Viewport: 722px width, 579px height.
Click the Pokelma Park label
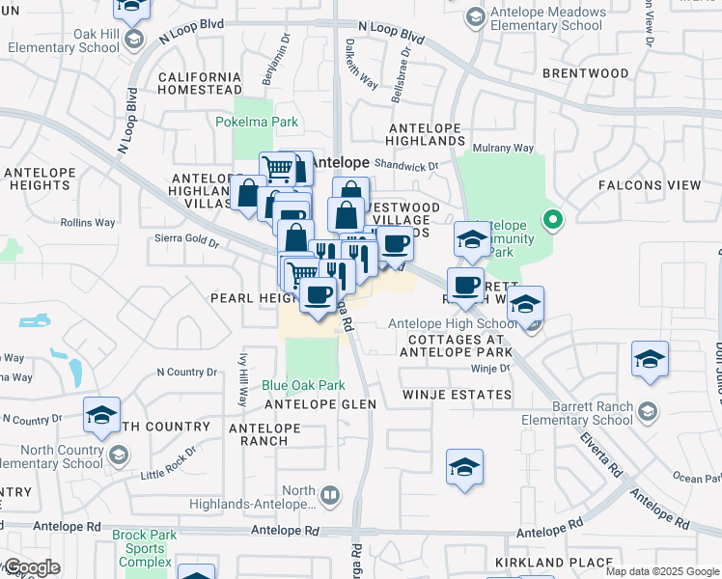tap(256, 123)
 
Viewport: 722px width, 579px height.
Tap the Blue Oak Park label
tap(303, 385)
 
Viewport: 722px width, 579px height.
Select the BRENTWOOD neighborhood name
tap(585, 73)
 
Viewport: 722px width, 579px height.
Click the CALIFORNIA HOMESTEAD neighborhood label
tap(199, 84)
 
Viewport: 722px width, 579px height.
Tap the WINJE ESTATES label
tap(457, 395)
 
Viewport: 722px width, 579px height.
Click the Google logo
tap(31, 567)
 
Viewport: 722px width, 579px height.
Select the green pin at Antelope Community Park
tap(552, 221)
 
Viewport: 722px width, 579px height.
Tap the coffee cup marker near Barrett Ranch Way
tap(465, 285)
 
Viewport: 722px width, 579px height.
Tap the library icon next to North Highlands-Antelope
tap(331, 496)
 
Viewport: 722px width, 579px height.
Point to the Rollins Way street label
tap(87, 223)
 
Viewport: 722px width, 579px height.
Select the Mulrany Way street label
tap(502, 149)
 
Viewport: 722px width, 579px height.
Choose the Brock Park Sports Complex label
tap(143, 548)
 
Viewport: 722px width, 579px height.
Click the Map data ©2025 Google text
tap(661, 571)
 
